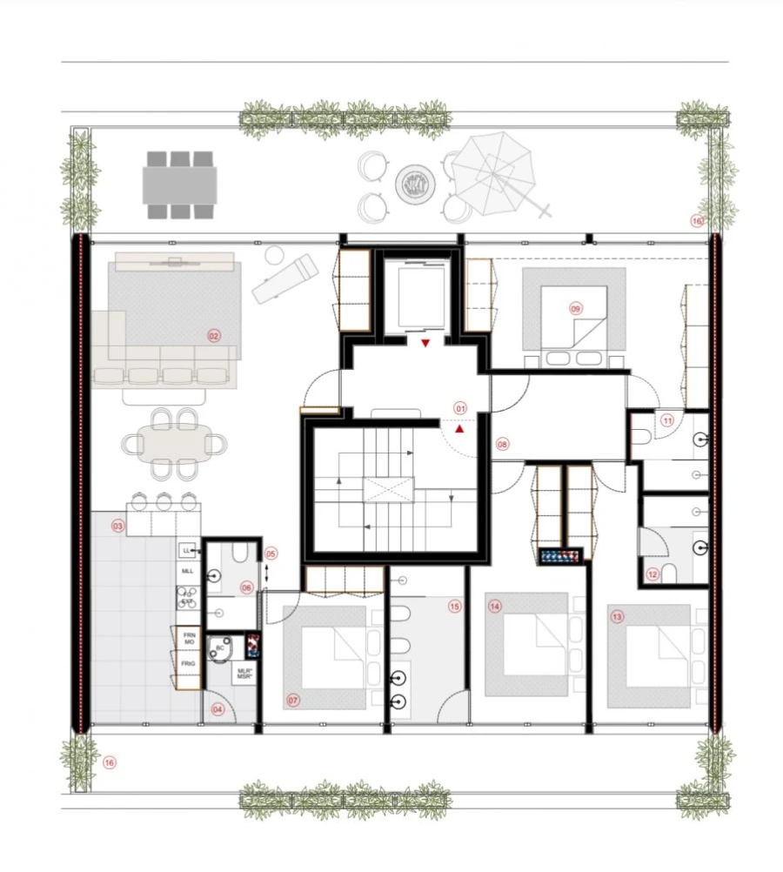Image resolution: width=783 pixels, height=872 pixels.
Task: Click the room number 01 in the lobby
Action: pyautogui.click(x=461, y=406)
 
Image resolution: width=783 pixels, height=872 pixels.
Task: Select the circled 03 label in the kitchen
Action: pyautogui.click(x=117, y=526)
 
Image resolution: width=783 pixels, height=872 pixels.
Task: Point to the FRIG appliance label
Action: pyautogui.click(x=188, y=663)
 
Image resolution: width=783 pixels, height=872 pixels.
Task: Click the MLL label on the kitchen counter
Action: pyautogui.click(x=187, y=571)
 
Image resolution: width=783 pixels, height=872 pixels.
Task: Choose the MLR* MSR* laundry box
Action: pyautogui.click(x=244, y=675)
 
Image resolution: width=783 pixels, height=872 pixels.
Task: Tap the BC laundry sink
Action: pyautogui.click(x=221, y=649)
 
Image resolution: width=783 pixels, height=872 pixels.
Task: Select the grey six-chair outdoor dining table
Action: pyautogui.click(x=180, y=184)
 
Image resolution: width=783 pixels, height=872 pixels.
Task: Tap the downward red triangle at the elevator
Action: pyautogui.click(x=425, y=344)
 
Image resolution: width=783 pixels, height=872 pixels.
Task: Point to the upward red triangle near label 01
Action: pyautogui.click(x=460, y=427)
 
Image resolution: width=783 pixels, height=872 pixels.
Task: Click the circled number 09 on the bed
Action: pyautogui.click(x=575, y=308)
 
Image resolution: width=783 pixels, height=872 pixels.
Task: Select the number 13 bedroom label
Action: pyautogui.click(x=617, y=616)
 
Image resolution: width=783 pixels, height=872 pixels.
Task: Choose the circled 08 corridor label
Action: pyautogui.click(x=502, y=444)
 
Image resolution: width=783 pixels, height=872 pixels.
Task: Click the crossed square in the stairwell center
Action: pyautogui.click(x=389, y=489)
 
